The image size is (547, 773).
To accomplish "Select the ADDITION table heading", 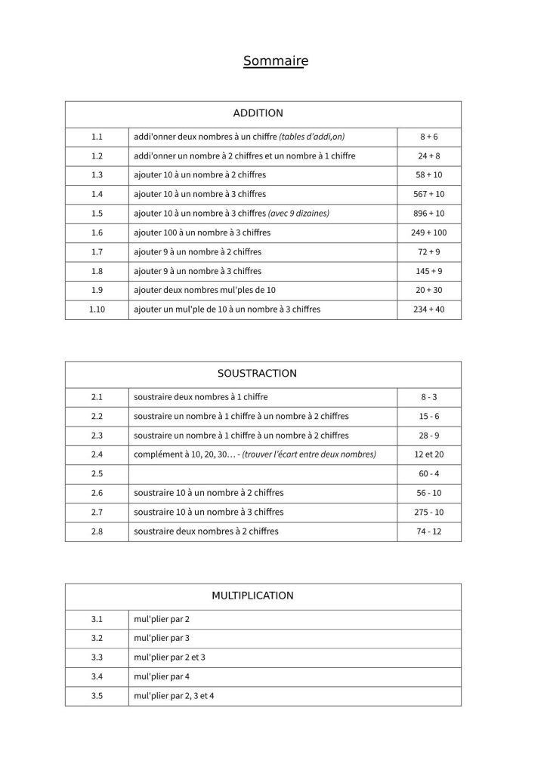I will pyautogui.click(x=258, y=113).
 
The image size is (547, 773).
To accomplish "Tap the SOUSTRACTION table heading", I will pyautogui.click(x=257, y=373).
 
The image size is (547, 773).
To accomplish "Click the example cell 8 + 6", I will pyautogui.click(x=428, y=137).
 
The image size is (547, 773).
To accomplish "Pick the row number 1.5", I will pyautogui.click(x=96, y=213).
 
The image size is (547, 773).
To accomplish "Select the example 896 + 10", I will pyautogui.click(x=428, y=213).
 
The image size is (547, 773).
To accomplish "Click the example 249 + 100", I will pyautogui.click(x=428, y=233).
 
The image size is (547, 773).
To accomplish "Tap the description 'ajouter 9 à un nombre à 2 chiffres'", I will pyautogui.click(x=197, y=251).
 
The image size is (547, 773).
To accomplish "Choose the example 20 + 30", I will pyautogui.click(x=428, y=290).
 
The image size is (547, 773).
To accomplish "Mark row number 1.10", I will pyautogui.click(x=96, y=310).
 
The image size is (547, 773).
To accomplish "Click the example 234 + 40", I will pyautogui.click(x=428, y=310).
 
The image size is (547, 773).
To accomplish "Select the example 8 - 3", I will pyautogui.click(x=428, y=396).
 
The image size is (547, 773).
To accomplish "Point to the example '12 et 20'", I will pyautogui.click(x=428, y=454).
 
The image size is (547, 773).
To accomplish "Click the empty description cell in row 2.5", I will pyautogui.click(x=262, y=474).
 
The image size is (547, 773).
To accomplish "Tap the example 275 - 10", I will pyautogui.click(x=428, y=513).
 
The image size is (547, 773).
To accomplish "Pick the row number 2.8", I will pyautogui.click(x=96, y=531).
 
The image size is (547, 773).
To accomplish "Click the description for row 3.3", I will pyautogui.click(x=169, y=657).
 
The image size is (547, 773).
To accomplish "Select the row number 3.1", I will pyautogui.click(x=96, y=619).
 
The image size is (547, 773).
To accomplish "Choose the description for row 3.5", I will pyautogui.click(x=174, y=695).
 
